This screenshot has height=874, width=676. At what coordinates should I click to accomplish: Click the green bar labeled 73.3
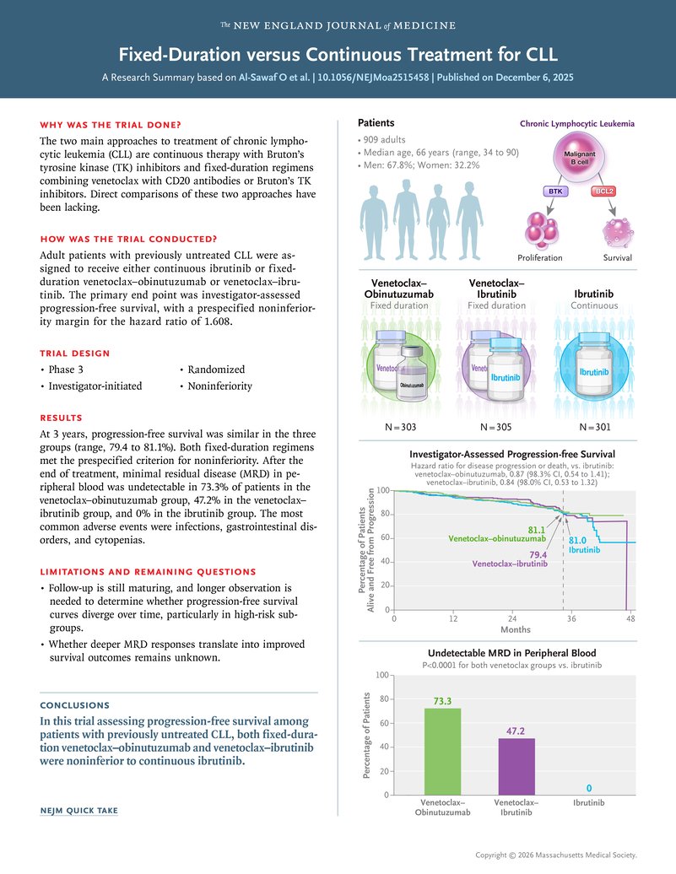[443, 751]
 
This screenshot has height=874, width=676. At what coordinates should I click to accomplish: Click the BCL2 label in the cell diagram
[604, 192]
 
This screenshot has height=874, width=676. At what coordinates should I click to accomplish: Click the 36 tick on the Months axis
[571, 618]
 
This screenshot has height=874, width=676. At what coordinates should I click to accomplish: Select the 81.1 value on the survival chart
[537, 529]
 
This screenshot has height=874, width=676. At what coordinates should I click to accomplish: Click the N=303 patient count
[401, 427]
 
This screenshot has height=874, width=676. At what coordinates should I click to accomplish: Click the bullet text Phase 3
[67, 370]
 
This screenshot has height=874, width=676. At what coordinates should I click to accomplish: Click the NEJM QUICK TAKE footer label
[79, 811]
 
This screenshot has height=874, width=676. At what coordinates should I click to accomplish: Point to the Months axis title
[516, 629]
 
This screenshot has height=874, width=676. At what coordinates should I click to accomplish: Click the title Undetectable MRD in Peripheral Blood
[511, 653]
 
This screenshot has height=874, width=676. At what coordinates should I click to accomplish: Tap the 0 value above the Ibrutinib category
[589, 788]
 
